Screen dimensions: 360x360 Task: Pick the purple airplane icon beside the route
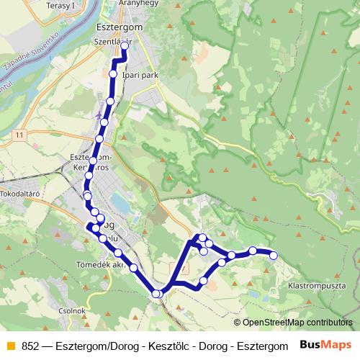[x=99, y=114]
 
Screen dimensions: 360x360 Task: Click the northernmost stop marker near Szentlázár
[x=125, y=45]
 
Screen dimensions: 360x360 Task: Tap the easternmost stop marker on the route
[x=274, y=255]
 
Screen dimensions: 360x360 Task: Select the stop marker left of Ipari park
[x=113, y=74]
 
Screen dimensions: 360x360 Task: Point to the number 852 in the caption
[x=31, y=345]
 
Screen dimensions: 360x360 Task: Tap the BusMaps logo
[x=327, y=344]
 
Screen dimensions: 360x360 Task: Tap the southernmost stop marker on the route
[x=156, y=293]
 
